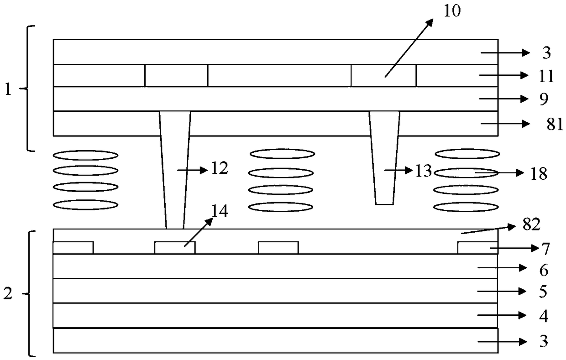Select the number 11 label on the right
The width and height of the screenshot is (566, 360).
point(546,76)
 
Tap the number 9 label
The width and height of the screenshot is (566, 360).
point(543,99)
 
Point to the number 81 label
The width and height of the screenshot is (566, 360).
point(555,125)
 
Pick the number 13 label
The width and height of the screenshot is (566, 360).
point(424,171)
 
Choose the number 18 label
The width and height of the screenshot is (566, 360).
point(539,174)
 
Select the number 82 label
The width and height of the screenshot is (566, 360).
point(531,224)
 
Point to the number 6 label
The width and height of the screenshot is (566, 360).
point(543,270)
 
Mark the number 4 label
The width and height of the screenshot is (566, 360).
point(543,316)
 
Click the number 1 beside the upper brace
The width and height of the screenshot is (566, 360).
point(7,89)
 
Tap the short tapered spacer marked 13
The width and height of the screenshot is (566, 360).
point(384,157)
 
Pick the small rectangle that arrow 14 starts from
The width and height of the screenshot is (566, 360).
point(175,248)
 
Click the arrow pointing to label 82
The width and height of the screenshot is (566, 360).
point(488,229)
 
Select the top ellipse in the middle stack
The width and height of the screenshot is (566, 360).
point(282,153)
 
